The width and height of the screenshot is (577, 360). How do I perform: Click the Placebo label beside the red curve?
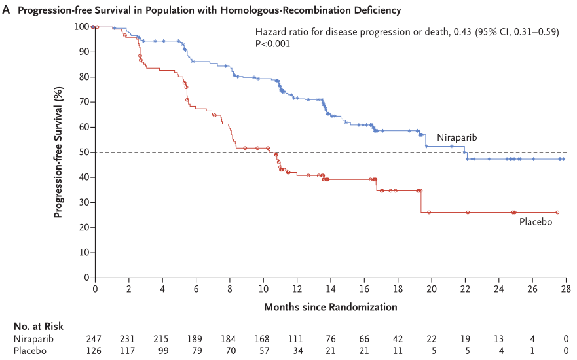coord(536,223)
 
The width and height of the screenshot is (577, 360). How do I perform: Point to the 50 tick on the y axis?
coord(83,152)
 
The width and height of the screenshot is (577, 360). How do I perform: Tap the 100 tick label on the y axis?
coord(81,27)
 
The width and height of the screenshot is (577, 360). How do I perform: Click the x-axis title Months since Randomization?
coord(330,306)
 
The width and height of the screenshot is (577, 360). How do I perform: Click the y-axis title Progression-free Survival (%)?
coord(58,152)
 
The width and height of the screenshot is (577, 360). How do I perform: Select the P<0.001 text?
coord(273,44)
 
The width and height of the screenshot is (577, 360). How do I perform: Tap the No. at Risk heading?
coord(38,326)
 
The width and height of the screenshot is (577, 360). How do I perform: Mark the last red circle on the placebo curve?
coord(557,212)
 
